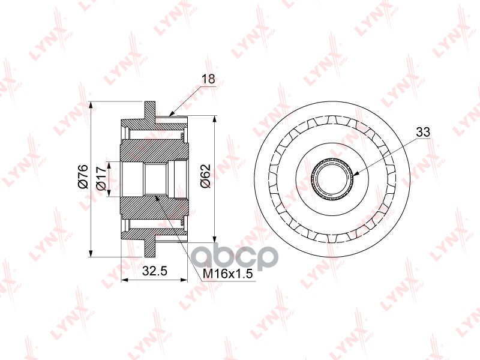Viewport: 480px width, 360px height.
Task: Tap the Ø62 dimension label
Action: [x=205, y=176]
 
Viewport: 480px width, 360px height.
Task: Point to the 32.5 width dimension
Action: [x=155, y=271]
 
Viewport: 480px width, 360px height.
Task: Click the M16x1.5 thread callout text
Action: [x=228, y=274]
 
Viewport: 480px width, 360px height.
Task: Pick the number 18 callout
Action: [x=208, y=79]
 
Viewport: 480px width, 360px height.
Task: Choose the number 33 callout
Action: [x=423, y=132]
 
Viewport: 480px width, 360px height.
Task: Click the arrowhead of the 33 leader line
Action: [x=355, y=175]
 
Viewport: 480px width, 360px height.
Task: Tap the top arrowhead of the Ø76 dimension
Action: [x=91, y=105]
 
